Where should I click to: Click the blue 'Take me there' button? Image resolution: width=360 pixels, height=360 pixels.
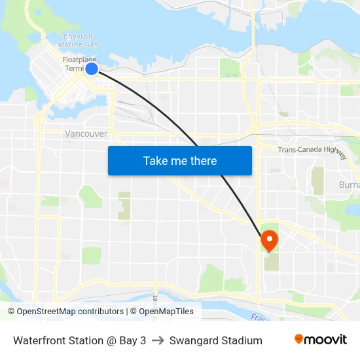pyautogui.click(x=179, y=160)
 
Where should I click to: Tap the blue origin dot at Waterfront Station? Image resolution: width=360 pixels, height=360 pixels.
pyautogui.click(x=92, y=68)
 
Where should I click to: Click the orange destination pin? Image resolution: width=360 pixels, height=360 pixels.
pyautogui.click(x=268, y=241)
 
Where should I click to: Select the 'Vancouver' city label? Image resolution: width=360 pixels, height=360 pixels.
pyautogui.click(x=86, y=134)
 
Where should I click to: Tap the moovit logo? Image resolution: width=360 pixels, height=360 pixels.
pyautogui.click(x=321, y=340)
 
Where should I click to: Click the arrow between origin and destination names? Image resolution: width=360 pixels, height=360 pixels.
pyautogui.click(x=157, y=340)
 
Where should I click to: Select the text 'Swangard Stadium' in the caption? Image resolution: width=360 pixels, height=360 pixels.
pyautogui.click(x=215, y=340)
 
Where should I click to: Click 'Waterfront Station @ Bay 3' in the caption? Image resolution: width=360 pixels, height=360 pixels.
pyautogui.click(x=79, y=340)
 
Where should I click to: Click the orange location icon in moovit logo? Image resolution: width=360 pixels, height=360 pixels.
pyautogui.click(x=299, y=339)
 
